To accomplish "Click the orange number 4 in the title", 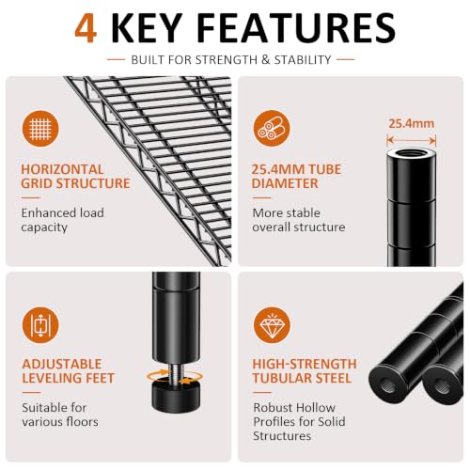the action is pos(86,28).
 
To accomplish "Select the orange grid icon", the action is pos(40,129).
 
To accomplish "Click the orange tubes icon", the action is pos(272,128).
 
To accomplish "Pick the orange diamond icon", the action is pos(272,325).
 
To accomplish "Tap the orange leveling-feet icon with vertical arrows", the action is pos(40,325).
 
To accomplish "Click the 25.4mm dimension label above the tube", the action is pos(412,123).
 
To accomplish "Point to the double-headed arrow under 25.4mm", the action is pos(412,140).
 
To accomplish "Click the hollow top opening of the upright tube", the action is pos(411,154).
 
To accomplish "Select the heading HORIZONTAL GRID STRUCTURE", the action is pos(75,177).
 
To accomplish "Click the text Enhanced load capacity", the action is pos(63,220).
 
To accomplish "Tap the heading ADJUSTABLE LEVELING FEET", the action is pos(69,371).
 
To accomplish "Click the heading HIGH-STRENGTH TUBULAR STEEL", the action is pos(305,371).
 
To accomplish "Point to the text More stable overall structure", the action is pos(299,220).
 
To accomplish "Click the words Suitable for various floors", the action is pos(60,415).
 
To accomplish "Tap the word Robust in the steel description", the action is pos(272,408).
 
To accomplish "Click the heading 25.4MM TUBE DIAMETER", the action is pos(296,177).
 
